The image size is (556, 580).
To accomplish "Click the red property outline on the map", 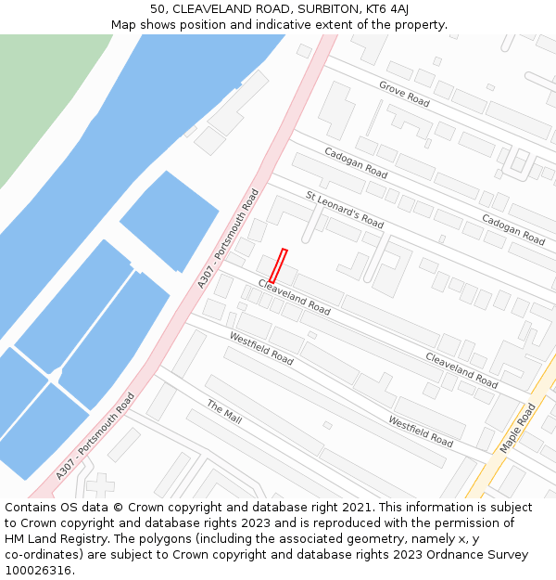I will [278, 265].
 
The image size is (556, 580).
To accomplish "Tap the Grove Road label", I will [404, 94].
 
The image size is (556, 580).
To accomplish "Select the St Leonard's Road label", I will [345, 210].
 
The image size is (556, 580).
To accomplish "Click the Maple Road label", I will [518, 428].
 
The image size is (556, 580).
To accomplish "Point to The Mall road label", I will [224, 413].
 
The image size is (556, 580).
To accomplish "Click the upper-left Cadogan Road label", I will [356, 162].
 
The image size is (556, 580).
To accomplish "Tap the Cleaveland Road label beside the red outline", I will [294, 296].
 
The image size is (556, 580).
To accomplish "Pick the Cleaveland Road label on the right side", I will [461, 369].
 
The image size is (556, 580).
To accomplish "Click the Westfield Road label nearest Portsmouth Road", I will [261, 348].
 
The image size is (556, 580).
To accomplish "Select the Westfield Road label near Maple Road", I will [426, 430].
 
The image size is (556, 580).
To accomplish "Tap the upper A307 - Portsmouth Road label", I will [228, 238].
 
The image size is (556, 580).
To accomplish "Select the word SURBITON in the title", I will [307, 9].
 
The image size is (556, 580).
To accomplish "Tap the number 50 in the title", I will [158, 9].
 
